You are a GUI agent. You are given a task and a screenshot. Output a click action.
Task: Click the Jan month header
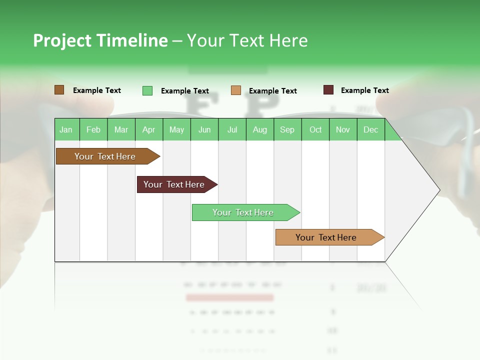[66, 129]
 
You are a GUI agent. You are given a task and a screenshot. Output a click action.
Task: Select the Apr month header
[149, 129]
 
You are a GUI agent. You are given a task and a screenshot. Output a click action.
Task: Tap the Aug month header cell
[260, 129]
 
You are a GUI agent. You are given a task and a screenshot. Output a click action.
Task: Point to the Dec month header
[371, 129]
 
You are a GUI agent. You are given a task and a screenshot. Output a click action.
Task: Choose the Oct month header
[315, 129]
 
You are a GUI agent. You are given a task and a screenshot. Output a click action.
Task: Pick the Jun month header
[204, 129]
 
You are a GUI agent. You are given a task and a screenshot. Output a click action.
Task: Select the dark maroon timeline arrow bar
[175, 184]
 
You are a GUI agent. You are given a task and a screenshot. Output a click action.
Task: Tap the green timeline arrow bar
[244, 212]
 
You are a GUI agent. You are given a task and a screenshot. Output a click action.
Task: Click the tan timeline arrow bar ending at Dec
[327, 237]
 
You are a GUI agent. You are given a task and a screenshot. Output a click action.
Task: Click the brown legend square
[59, 90]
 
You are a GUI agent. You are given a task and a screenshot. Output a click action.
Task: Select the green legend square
[147, 90]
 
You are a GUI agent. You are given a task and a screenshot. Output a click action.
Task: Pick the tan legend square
[236, 90]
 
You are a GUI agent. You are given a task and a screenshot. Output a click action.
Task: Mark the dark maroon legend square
[328, 90]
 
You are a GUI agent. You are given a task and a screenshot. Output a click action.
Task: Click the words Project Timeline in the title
[100, 40]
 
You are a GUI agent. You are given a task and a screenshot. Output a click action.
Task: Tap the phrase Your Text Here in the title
[247, 40]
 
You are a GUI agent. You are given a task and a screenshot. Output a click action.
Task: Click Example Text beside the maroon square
[364, 90]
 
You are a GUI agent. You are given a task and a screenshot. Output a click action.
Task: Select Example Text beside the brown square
[97, 90]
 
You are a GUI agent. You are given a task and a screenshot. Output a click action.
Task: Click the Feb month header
[93, 129]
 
